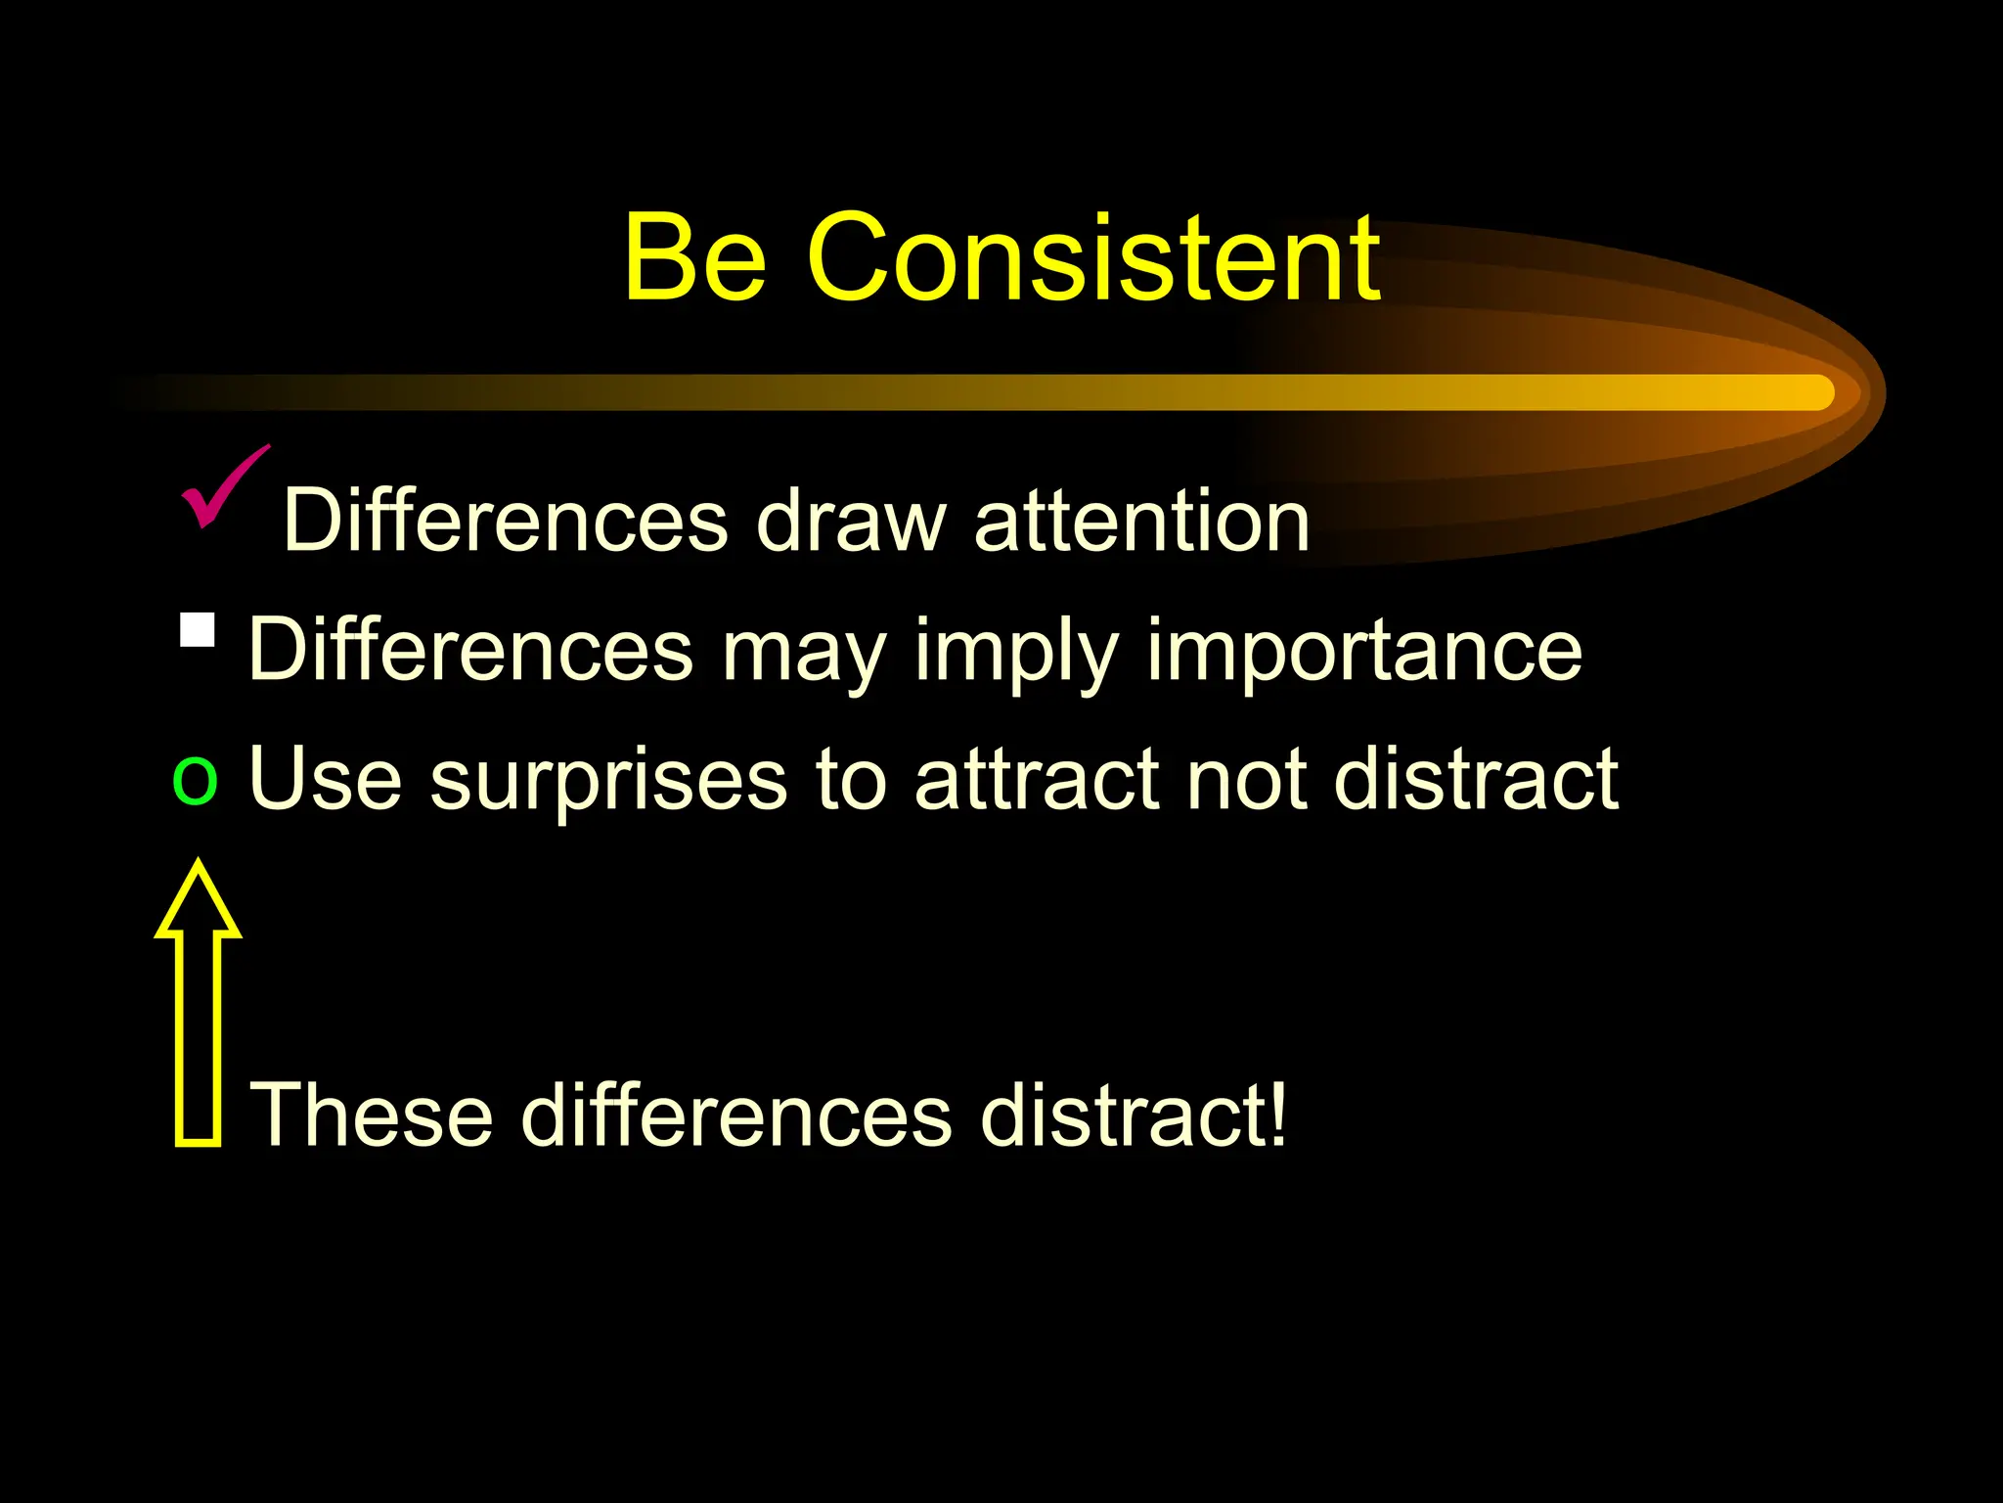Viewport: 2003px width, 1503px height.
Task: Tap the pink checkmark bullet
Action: (x=222, y=486)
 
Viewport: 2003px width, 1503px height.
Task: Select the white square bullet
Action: (x=198, y=630)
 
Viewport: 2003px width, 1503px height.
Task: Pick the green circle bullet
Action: (x=195, y=781)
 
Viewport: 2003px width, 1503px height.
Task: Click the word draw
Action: (x=851, y=521)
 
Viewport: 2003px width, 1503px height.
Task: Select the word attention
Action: (x=1141, y=521)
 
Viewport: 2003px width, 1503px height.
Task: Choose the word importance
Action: (x=1363, y=650)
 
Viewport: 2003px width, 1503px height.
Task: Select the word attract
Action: (x=1036, y=779)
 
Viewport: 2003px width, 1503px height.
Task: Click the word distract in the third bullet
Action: (x=1476, y=779)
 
